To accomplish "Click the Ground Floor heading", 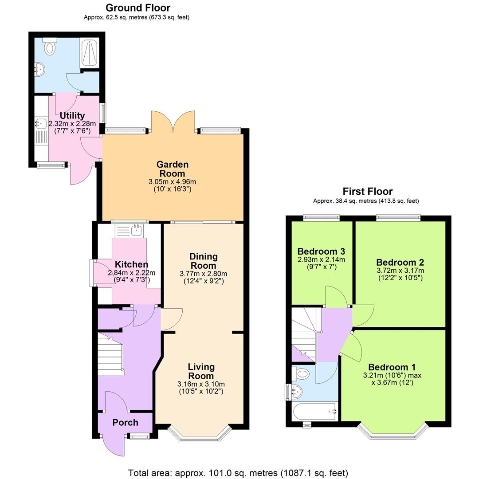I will (137, 8).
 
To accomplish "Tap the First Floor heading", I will (367, 192).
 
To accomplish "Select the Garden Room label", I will (173, 169).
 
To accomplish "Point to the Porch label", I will (125, 423).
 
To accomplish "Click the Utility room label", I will (72, 116).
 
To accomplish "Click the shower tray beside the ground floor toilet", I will (89, 53).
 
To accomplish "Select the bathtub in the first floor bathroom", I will (315, 412).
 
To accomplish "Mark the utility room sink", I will (40, 123).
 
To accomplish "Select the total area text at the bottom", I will (238, 472).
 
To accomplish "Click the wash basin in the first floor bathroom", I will (296, 391).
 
